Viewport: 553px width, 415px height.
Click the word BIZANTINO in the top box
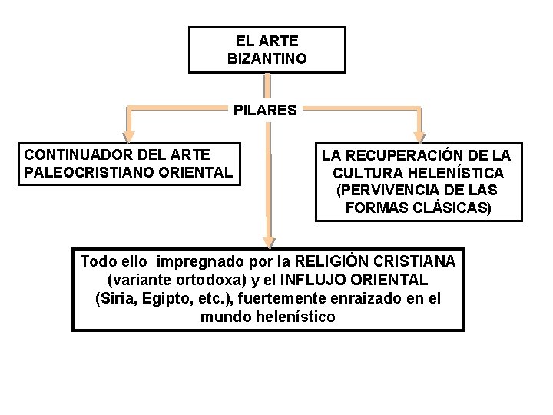267,58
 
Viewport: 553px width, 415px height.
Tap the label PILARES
265,110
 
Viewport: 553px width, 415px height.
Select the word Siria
114,298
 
